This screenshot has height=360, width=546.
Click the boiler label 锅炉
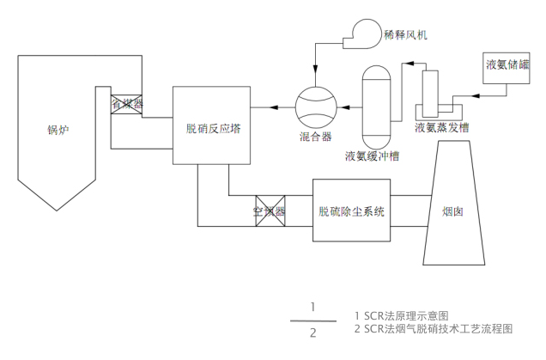point(58,131)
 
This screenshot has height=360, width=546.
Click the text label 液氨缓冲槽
point(377,156)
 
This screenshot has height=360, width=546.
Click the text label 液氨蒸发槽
point(441,128)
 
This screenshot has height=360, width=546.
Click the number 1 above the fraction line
point(314,307)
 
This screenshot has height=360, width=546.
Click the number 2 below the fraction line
point(314,333)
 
